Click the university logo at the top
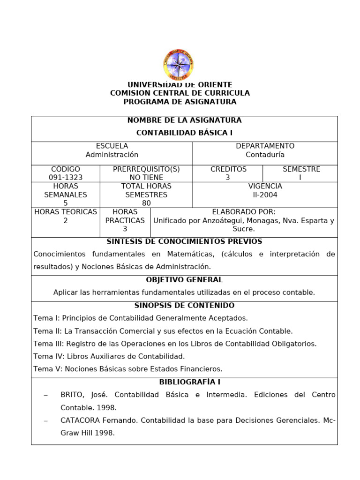pyautogui.click(x=179, y=65)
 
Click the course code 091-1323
pyautogui.click(x=66, y=178)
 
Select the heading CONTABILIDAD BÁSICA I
pyautogui.click(x=184, y=133)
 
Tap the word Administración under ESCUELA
pyautogui.click(x=112, y=155)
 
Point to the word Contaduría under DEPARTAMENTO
pyautogui.click(x=265, y=155)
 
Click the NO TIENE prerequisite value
pyautogui.click(x=146, y=178)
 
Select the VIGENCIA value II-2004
pyautogui.click(x=265, y=195)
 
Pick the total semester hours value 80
pyautogui.click(x=146, y=203)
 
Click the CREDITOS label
pyautogui.click(x=228, y=169)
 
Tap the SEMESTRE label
pyautogui.click(x=301, y=169)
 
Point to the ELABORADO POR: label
pyautogui.click(x=244, y=212)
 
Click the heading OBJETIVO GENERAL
pyautogui.click(x=184, y=280)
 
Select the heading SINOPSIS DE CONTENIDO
pyautogui.click(x=184, y=306)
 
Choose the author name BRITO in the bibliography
pyautogui.click(x=72, y=395)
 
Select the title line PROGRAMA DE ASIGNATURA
pyautogui.click(x=180, y=102)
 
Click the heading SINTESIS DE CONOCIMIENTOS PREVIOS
pyautogui.click(x=184, y=241)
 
